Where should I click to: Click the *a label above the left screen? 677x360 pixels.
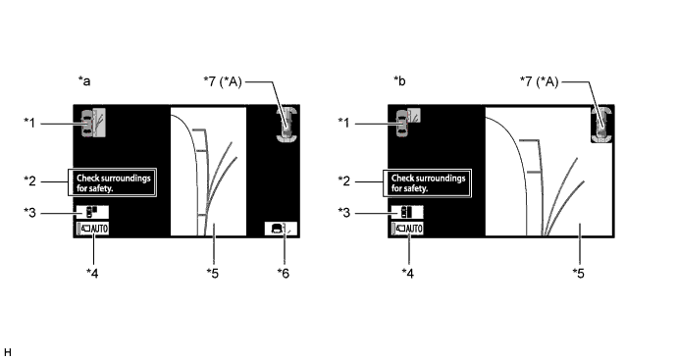pos(84,80)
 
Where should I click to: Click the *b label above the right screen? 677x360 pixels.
pos(399,80)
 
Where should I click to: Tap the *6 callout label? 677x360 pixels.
pos(284,273)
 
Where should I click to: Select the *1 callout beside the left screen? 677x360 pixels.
pos(29,123)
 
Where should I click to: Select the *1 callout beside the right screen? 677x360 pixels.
pos(344,123)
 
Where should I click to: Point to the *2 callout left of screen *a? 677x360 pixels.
pos(29,180)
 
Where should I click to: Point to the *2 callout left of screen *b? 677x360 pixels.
pos(344,180)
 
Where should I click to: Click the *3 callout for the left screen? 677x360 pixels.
pos(29,213)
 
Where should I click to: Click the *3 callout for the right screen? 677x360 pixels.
pos(344,213)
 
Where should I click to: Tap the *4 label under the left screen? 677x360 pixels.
pos(92,273)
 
